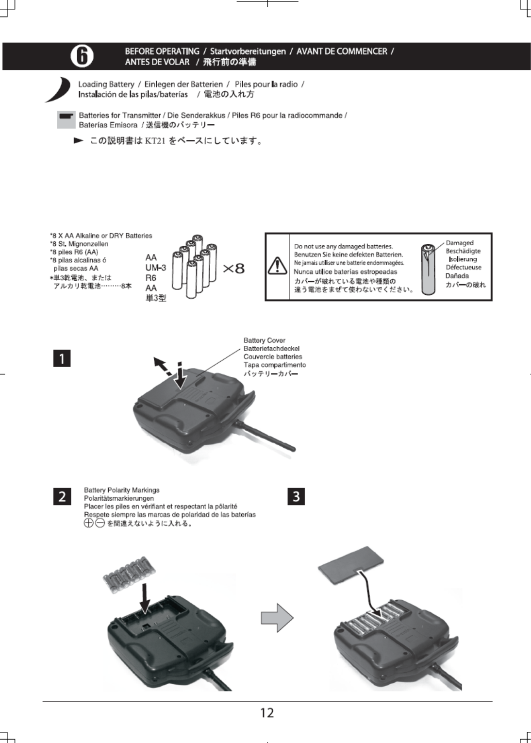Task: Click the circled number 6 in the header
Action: [x=82, y=56]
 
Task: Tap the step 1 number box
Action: [x=62, y=358]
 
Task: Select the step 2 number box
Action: [x=62, y=496]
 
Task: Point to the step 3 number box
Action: [x=296, y=496]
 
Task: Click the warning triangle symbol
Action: [x=277, y=266]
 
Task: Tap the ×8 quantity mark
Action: [x=233, y=269]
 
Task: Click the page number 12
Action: [x=267, y=713]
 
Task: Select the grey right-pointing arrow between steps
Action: [x=277, y=618]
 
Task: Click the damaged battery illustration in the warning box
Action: [x=428, y=270]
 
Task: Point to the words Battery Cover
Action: [x=265, y=340]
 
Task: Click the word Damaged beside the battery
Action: [x=459, y=243]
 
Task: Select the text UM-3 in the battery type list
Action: [x=155, y=268]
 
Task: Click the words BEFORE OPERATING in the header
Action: [x=162, y=51]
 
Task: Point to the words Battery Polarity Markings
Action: [x=121, y=490]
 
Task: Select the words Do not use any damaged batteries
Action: [x=343, y=246]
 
